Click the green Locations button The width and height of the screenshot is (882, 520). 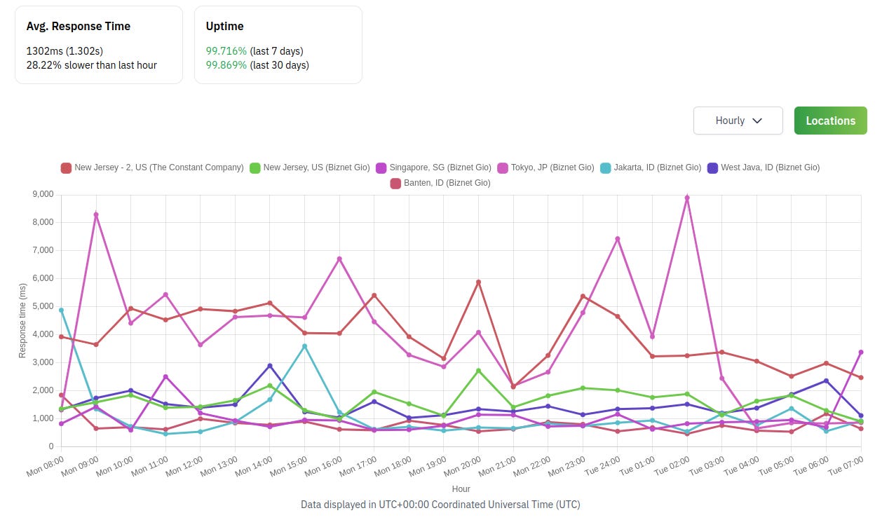pyautogui.click(x=830, y=121)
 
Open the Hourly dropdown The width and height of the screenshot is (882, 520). pyautogui.click(x=738, y=121)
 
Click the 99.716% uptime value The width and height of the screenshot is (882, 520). pyautogui.click(x=226, y=51)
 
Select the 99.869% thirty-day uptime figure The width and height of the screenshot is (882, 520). pyautogui.click(x=226, y=65)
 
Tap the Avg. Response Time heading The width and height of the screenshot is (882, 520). pyautogui.click(x=79, y=27)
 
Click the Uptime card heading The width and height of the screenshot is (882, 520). pyautogui.click(x=225, y=27)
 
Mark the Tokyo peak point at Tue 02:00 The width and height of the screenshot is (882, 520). pyautogui.click(x=687, y=198)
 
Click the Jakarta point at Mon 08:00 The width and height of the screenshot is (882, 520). pyautogui.click(x=61, y=310)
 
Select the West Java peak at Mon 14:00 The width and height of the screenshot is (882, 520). pyautogui.click(x=270, y=366)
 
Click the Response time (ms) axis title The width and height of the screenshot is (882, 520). pyautogui.click(x=22, y=320)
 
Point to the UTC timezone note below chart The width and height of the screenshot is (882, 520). pyautogui.click(x=440, y=505)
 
